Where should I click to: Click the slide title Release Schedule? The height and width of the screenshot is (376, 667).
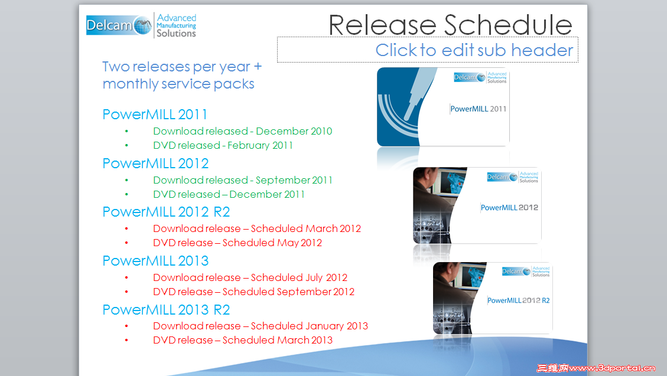click(x=450, y=25)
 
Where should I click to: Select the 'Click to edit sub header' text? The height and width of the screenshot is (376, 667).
click(x=474, y=51)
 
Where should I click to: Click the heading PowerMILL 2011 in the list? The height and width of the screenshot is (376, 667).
click(x=155, y=115)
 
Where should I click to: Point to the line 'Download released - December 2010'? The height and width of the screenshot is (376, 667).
click(x=242, y=131)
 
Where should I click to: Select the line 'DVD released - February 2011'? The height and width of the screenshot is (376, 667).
click(x=223, y=145)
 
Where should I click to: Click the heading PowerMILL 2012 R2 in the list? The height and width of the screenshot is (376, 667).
click(x=166, y=212)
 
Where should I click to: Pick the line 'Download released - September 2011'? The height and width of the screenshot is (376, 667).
click(x=242, y=180)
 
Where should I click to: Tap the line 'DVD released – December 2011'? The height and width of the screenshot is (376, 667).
click(x=229, y=194)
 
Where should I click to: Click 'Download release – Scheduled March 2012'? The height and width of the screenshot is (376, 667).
click(x=256, y=228)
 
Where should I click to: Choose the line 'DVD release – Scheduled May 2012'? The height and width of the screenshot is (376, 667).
click(x=237, y=243)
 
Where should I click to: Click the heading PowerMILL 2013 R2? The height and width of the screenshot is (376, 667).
click(x=166, y=310)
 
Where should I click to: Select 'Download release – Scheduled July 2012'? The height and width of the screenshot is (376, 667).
click(x=250, y=277)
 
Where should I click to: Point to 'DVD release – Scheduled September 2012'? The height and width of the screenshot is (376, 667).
click(x=253, y=292)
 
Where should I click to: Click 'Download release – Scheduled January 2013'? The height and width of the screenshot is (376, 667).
click(x=260, y=326)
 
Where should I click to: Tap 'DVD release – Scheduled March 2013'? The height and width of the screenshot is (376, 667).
click(x=242, y=340)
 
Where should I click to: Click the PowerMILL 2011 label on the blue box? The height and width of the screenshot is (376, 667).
click(x=478, y=109)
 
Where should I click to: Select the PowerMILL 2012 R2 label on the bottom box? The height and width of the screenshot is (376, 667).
click(x=518, y=300)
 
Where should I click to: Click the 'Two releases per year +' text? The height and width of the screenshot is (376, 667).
click(x=182, y=67)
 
